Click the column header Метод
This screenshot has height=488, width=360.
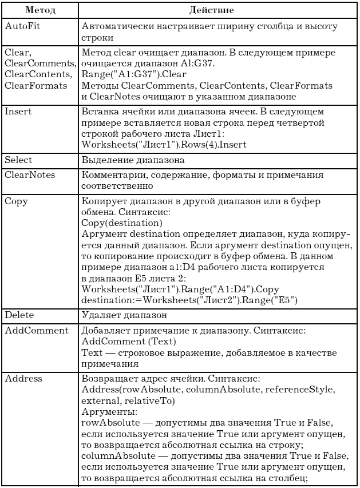click(38, 10)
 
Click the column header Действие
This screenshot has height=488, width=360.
click(216, 10)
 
